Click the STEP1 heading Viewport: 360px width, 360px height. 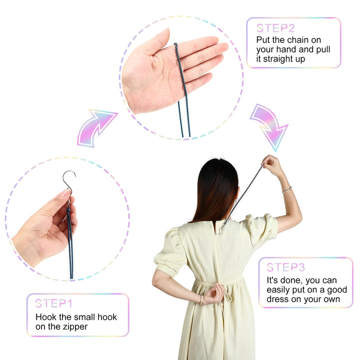tap(53, 303)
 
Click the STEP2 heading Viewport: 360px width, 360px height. tap(275, 28)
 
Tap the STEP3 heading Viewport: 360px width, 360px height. tap(285, 267)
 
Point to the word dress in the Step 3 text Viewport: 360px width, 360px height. tap(277, 299)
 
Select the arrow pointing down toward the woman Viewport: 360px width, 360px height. tap(270, 126)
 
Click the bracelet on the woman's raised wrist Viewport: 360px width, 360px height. tap(287, 190)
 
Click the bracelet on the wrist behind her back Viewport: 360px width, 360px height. tap(201, 300)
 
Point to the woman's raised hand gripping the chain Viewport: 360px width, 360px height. tap(272, 164)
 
